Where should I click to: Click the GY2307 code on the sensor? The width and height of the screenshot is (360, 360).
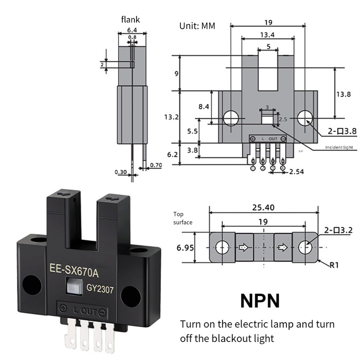pos(100,288)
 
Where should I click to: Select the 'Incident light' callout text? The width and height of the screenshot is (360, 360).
pos(339,147)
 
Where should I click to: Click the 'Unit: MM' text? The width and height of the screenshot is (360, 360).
pos(197,26)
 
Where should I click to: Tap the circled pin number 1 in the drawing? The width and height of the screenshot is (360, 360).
pos(253,168)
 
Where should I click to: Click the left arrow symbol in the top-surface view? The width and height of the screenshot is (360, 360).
pos(243,247)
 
